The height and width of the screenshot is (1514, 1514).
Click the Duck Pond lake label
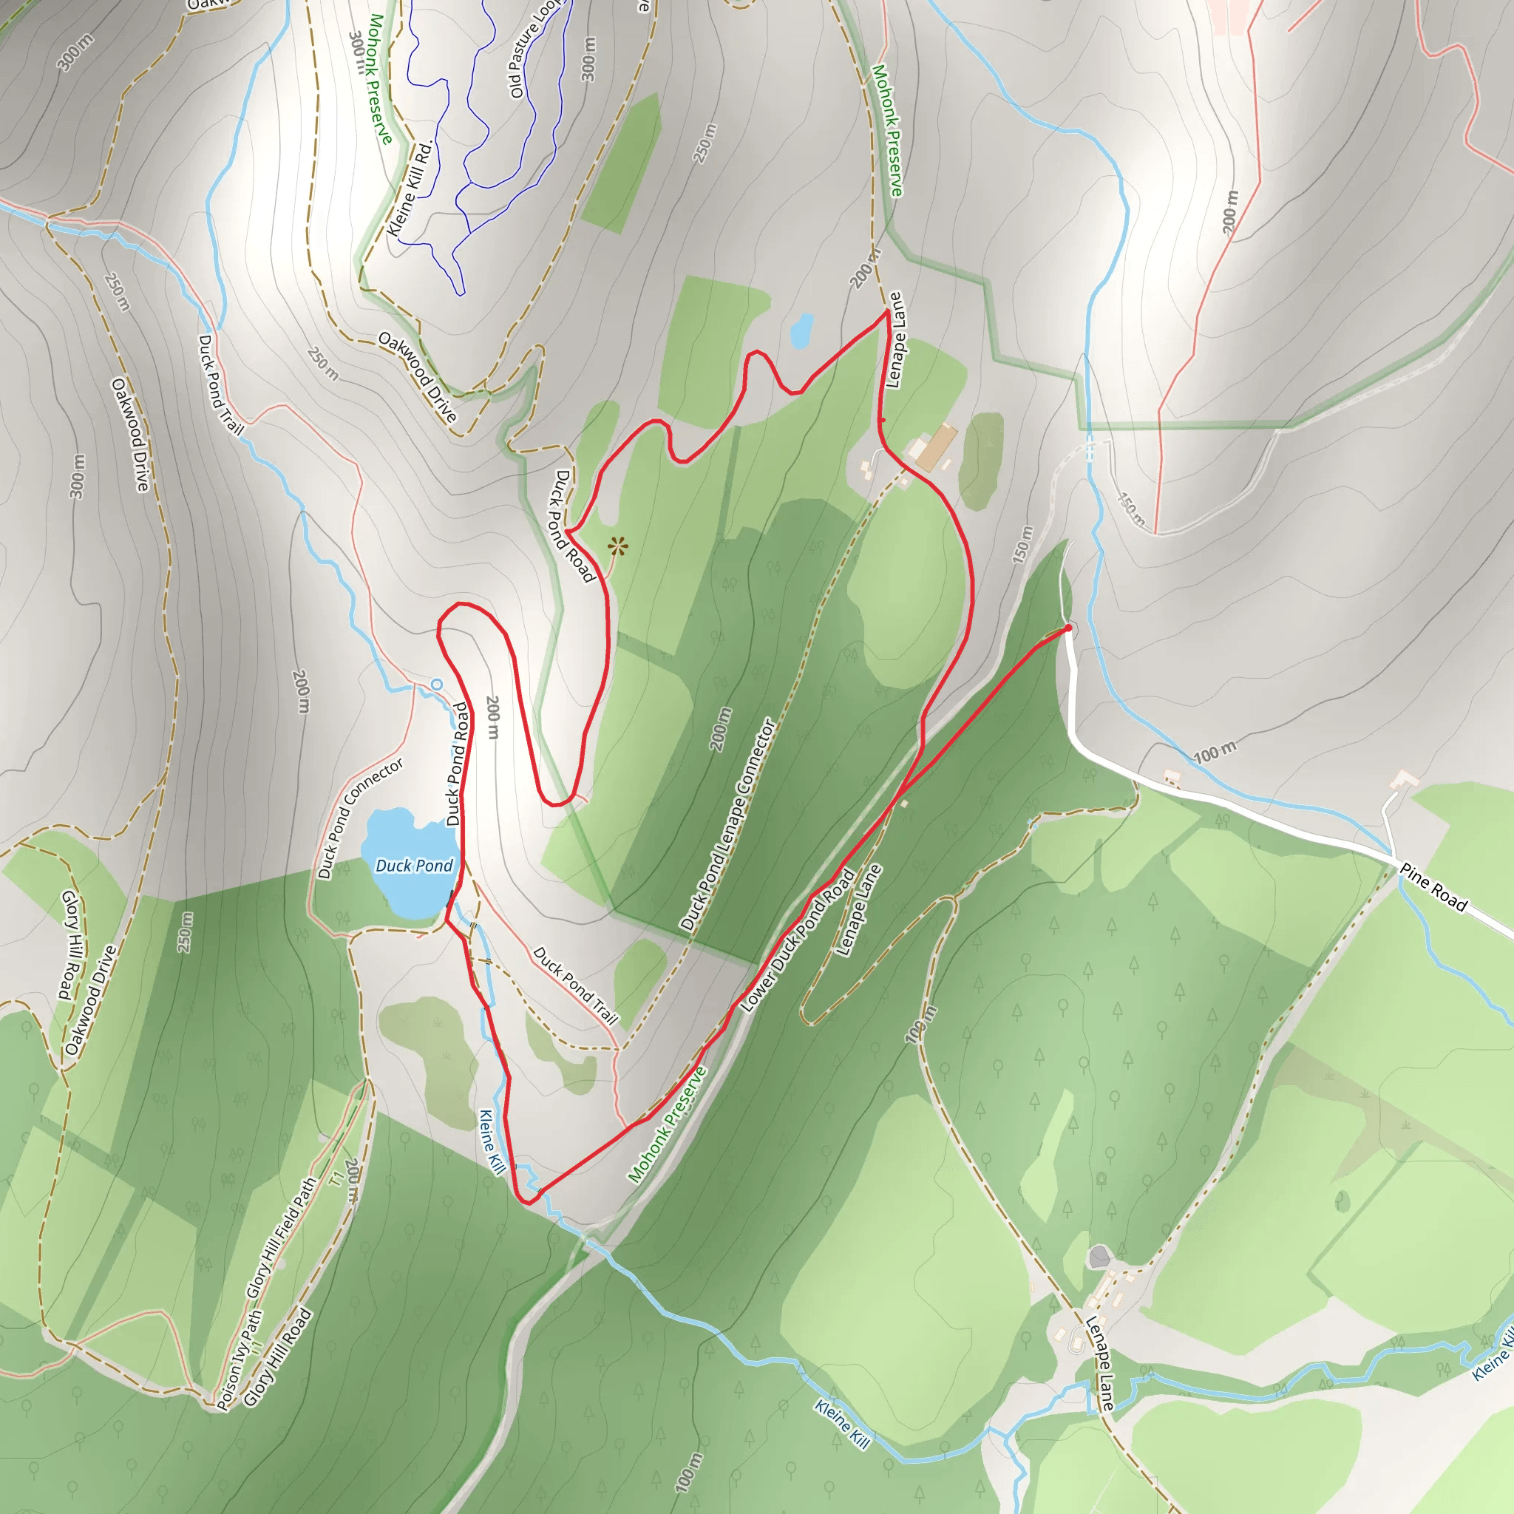click(414, 865)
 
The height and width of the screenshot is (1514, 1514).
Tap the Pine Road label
click(1433, 886)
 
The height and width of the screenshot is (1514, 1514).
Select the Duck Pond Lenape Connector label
click(727, 824)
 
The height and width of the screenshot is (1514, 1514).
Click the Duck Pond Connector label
click(361, 818)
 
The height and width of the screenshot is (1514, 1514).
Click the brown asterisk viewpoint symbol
click(617, 546)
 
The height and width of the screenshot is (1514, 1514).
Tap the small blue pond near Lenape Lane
click(801, 330)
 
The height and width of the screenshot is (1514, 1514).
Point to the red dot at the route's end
click(1068, 628)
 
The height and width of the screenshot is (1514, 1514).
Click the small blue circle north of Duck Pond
click(436, 685)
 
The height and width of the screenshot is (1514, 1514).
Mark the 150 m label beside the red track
click(1022, 545)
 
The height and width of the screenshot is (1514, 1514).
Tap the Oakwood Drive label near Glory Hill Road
click(91, 1000)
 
